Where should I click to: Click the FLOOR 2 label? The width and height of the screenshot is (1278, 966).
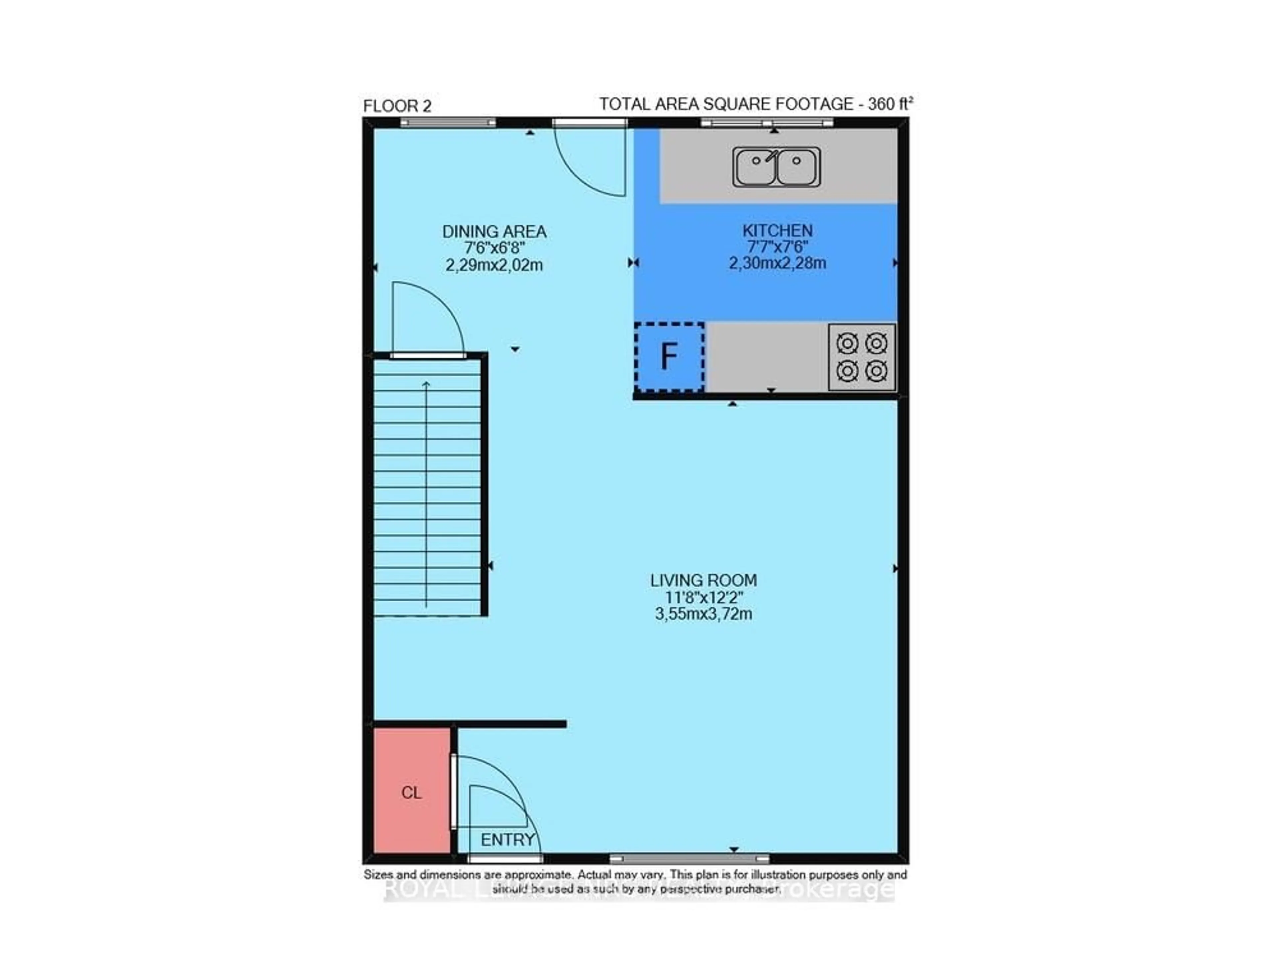pyautogui.click(x=397, y=106)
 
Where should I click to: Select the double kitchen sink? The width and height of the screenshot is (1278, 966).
pyautogui.click(x=776, y=166)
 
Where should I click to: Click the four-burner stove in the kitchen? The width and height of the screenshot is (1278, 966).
pyautogui.click(x=861, y=357)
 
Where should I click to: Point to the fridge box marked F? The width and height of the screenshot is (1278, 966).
pyautogui.click(x=669, y=357)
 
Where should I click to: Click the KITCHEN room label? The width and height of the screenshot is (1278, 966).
pyautogui.click(x=777, y=231)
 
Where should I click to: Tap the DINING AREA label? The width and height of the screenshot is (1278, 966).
pyautogui.click(x=494, y=232)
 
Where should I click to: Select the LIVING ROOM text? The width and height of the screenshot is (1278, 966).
pyautogui.click(x=703, y=580)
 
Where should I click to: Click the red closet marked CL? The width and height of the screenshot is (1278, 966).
pyautogui.click(x=411, y=792)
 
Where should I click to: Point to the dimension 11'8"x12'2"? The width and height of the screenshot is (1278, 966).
pyautogui.click(x=703, y=597)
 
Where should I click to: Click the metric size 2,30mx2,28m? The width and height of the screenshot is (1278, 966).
pyautogui.click(x=777, y=264)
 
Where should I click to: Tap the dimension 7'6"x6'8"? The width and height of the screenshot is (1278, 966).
pyautogui.click(x=494, y=249)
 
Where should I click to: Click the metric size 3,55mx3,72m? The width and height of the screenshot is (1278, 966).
pyautogui.click(x=703, y=614)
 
